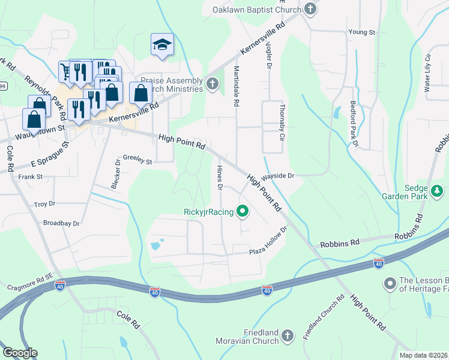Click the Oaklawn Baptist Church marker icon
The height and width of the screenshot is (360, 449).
click(310, 8)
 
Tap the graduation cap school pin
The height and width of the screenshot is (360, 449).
click(162, 45)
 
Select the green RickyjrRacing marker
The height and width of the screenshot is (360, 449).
click(243, 211)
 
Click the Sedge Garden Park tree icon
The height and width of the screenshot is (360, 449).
click(438, 191)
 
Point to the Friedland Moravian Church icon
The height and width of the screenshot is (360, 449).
click(287, 335)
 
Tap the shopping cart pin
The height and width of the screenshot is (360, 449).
click(65, 71)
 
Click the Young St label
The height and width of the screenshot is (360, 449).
click(361, 32)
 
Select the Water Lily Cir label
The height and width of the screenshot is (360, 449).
click(428, 73)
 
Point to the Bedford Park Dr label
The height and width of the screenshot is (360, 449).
click(354, 124)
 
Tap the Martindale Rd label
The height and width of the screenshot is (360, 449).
click(237, 86)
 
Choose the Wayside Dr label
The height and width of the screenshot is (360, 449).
click(279, 176)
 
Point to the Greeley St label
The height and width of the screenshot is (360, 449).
click(137, 160)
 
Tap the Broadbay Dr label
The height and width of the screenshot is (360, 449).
click(61, 223)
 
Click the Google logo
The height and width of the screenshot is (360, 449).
click(20, 353)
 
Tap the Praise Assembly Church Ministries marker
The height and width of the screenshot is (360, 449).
click(212, 84)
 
